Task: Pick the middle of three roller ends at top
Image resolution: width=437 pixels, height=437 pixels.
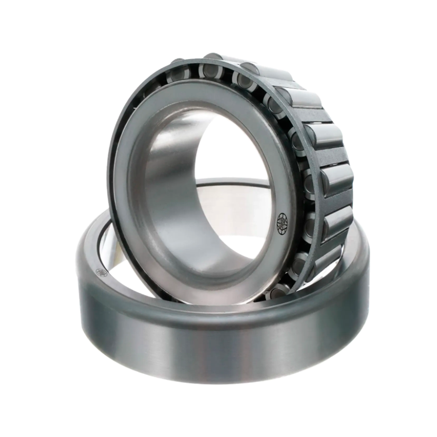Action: point(209,70)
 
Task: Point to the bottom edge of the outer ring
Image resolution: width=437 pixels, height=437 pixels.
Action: point(222,385)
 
